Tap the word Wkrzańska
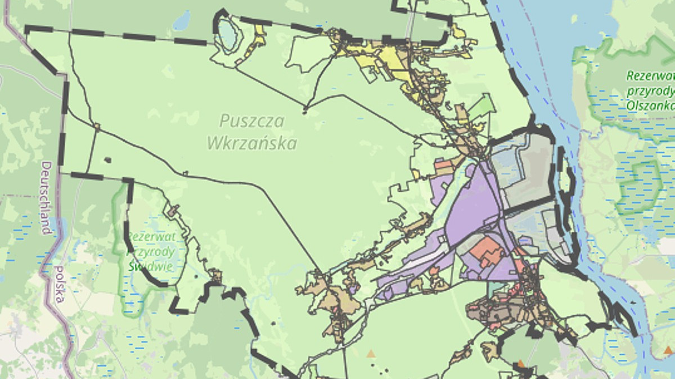pyautogui.click(x=251, y=143)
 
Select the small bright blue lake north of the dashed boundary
pyautogui.click(x=182, y=20)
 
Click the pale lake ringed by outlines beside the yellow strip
pyautogui.click(x=227, y=34)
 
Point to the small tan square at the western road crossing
pyautogui.click(x=97, y=127)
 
